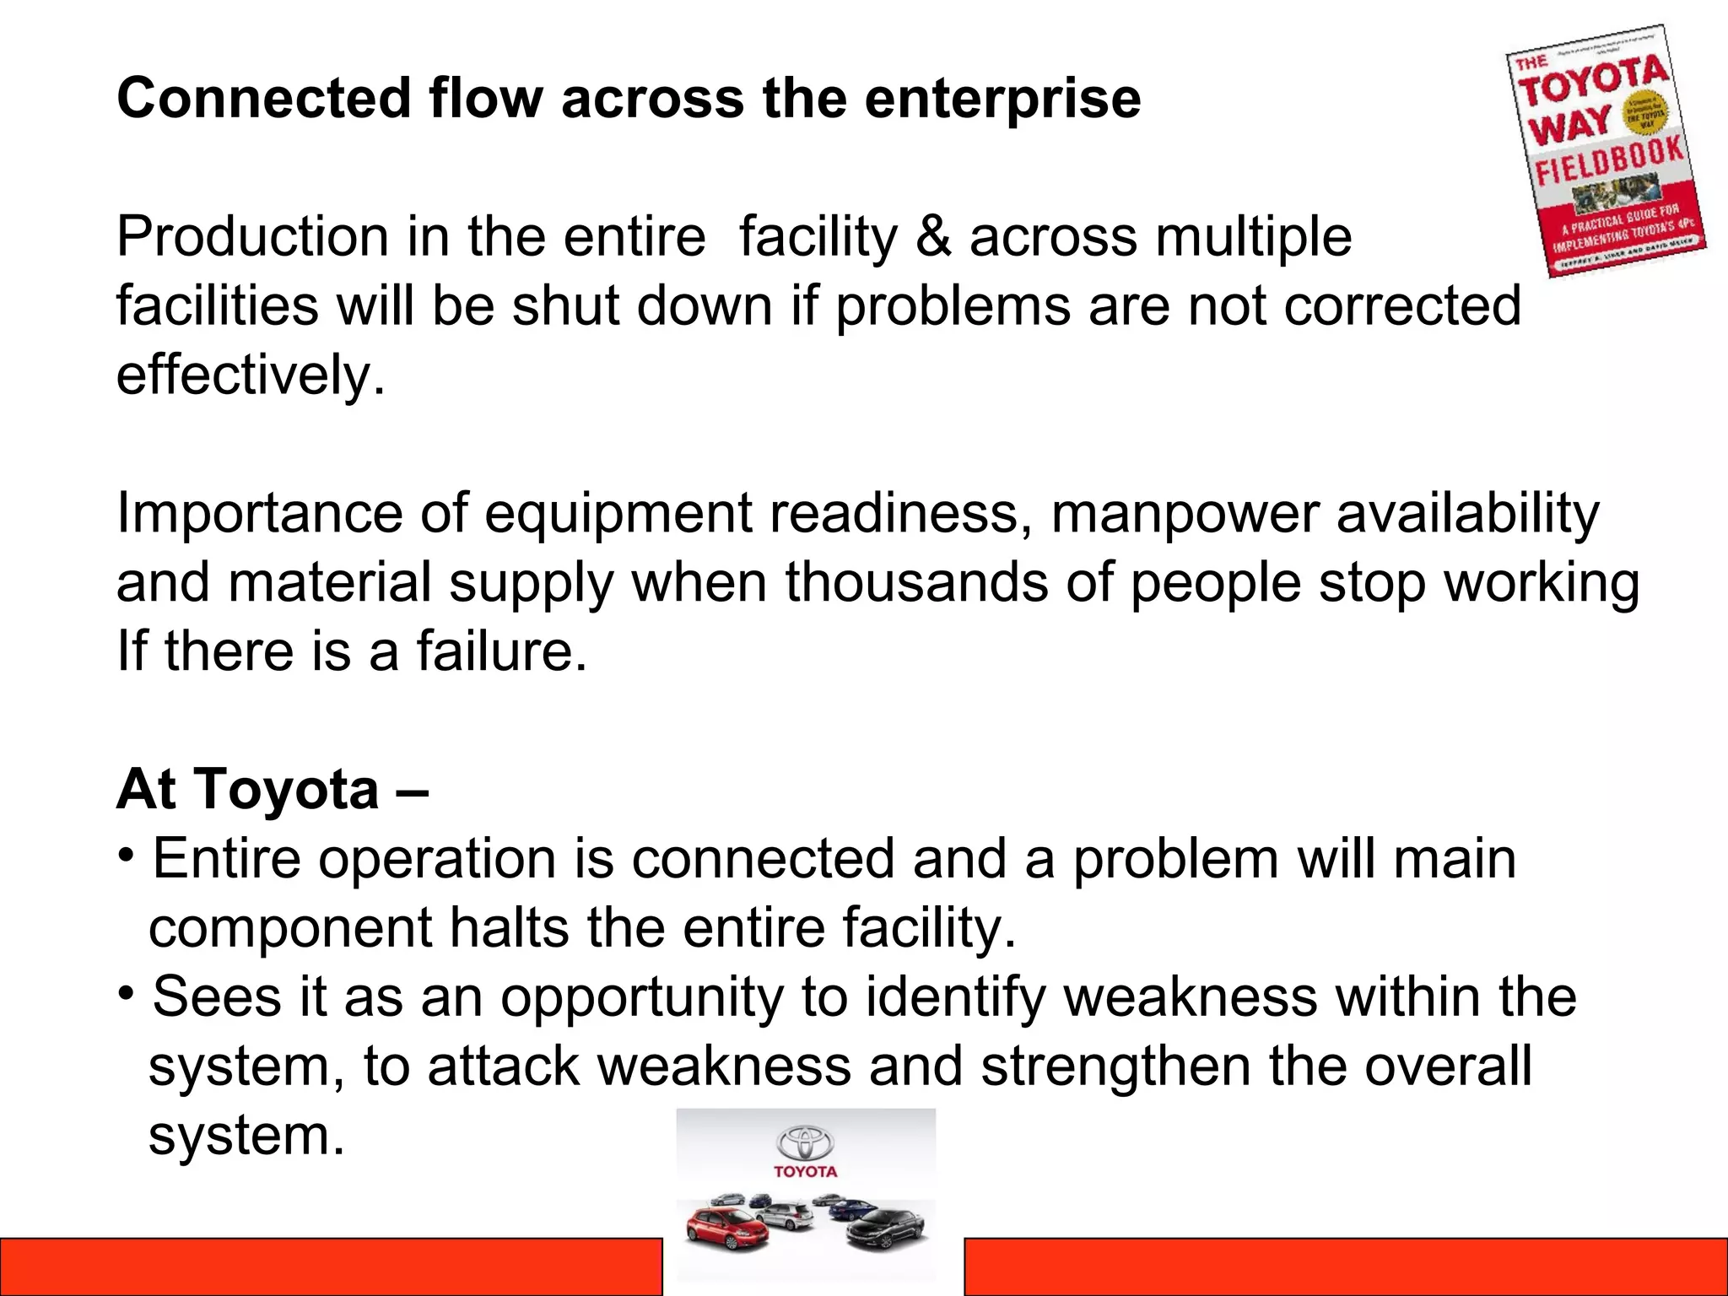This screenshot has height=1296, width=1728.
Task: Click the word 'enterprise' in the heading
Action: (1002, 100)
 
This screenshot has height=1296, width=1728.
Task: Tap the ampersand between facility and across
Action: (933, 237)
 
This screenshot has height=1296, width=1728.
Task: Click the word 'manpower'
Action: (1185, 514)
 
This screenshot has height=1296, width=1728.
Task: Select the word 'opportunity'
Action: (641, 998)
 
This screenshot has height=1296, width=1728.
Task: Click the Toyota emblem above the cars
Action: (805, 1142)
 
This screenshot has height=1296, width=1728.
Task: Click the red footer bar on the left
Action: (331, 1266)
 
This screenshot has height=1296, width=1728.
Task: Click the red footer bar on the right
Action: (1345, 1266)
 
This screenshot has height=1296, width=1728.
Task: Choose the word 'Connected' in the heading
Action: (263, 100)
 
